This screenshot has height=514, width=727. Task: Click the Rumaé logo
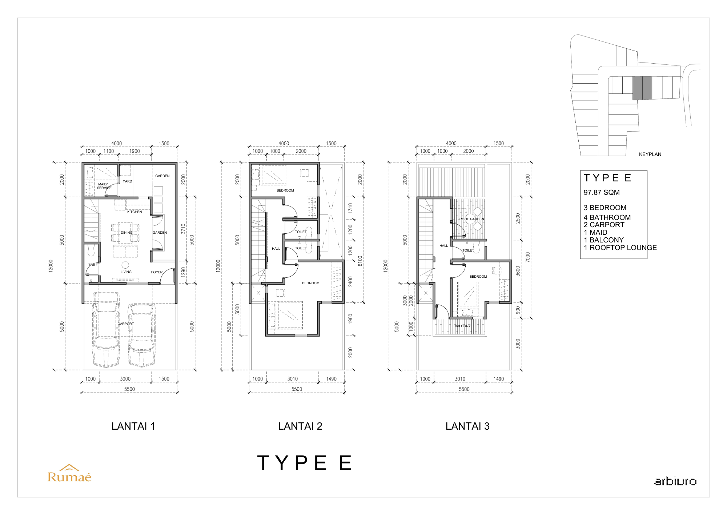click(x=69, y=473)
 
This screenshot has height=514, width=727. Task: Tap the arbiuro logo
click(x=675, y=481)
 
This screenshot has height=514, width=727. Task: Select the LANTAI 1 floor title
click(x=133, y=426)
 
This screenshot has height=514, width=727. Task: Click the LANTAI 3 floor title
click(x=467, y=426)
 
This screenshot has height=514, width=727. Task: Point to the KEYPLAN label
click(x=650, y=154)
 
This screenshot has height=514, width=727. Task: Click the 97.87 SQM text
click(x=602, y=192)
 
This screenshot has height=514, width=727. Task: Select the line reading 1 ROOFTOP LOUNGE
click(x=620, y=248)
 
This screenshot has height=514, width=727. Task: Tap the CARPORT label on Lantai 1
click(x=125, y=324)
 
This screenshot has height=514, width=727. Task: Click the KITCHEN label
click(x=134, y=212)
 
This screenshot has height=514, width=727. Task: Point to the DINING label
click(x=126, y=232)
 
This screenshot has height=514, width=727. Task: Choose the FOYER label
click(x=157, y=272)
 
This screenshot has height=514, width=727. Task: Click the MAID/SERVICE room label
click(x=104, y=186)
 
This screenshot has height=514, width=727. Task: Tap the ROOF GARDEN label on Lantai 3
click(x=471, y=219)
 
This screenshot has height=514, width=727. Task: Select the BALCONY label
click(x=462, y=326)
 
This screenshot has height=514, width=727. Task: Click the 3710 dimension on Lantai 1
click(x=184, y=229)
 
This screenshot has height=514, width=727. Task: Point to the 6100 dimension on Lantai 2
click(x=360, y=261)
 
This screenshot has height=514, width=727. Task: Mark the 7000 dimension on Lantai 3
click(x=528, y=257)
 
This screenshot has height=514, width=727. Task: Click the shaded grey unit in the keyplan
click(x=642, y=88)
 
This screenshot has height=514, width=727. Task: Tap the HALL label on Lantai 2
click(x=276, y=249)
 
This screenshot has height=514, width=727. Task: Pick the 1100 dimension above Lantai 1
click(x=109, y=151)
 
